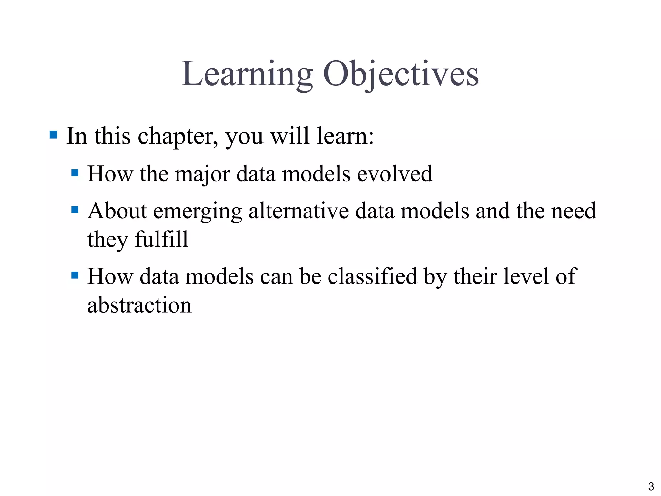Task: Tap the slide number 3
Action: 651,486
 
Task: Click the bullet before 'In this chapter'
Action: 54,135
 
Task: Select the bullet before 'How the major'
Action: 75,173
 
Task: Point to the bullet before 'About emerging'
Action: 75,210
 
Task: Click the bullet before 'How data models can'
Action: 75,275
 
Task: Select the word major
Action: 202,174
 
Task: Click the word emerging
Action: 197,212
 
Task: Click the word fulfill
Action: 161,239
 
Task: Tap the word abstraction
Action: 139,305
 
